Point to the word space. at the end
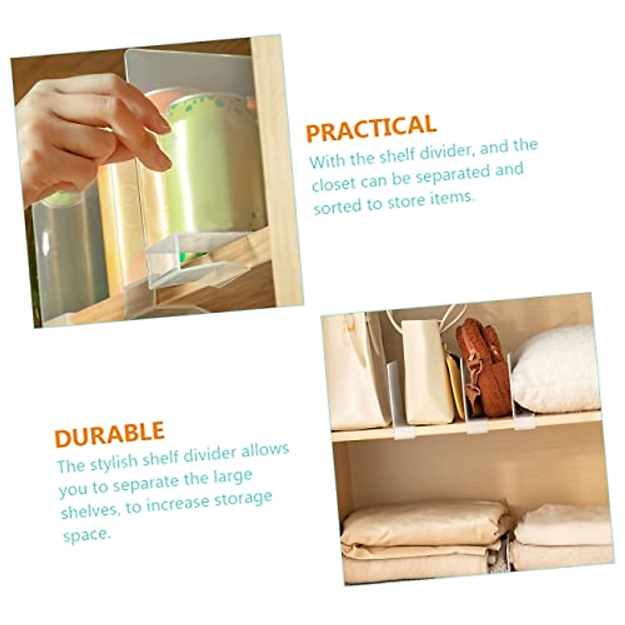tap(87, 535)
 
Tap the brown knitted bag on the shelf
tap(483, 367)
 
